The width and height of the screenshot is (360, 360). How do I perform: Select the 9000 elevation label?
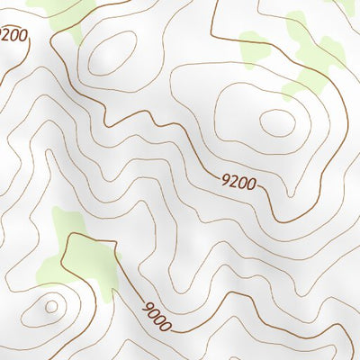click(156, 314)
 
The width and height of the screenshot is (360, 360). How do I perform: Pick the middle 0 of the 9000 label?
click(158, 317)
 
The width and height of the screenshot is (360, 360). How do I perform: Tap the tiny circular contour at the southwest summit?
click(51, 306)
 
